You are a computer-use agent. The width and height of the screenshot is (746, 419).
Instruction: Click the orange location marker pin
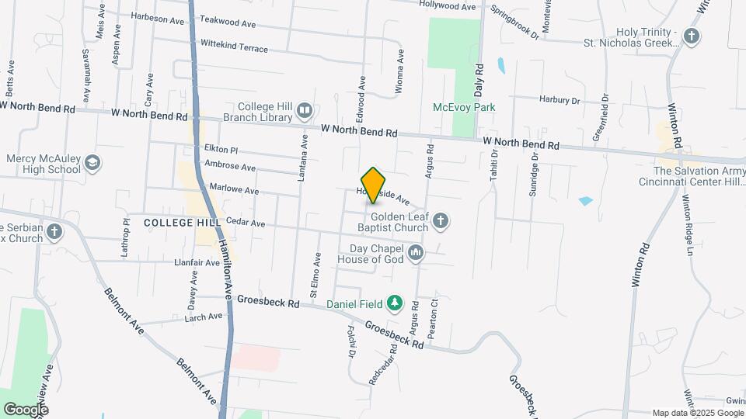[374, 185]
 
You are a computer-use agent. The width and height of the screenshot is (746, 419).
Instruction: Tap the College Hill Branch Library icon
[304, 112]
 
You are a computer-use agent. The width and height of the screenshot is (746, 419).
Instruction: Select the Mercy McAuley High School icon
[92, 163]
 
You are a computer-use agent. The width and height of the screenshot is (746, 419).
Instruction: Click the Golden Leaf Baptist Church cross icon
[440, 222]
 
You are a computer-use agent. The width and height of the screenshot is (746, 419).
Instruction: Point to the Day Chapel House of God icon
[417, 253]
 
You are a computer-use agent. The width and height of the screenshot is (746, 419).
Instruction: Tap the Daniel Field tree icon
[395, 303]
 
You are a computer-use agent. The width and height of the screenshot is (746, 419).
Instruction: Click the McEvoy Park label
[464, 107]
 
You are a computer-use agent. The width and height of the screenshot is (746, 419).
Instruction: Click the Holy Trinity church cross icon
[691, 36]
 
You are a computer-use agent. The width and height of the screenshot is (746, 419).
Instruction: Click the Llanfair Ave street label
[197, 262]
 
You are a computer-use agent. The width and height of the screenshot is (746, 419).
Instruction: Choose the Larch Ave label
[204, 317]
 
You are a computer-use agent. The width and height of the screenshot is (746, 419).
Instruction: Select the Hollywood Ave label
[447, 6]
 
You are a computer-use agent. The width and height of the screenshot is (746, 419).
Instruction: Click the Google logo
[26, 409]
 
